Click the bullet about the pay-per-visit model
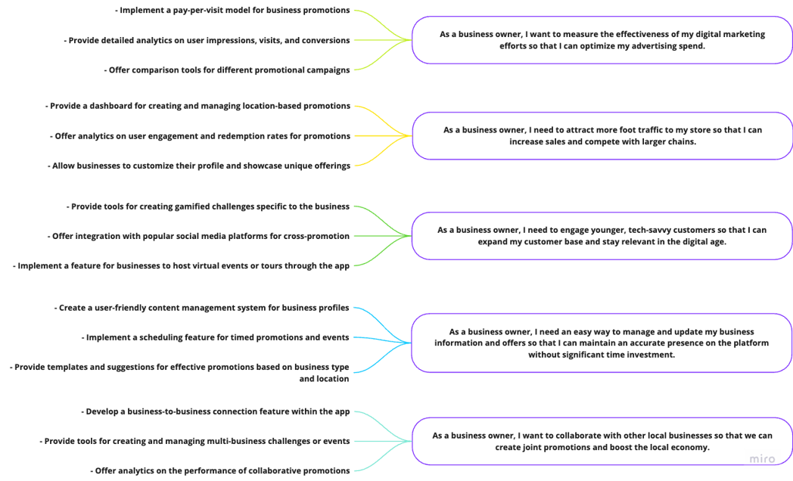point(232,10)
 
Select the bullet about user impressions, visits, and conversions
point(207,40)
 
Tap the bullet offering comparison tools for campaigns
point(227,70)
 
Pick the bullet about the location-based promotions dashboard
point(197,106)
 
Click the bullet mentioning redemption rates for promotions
point(201,136)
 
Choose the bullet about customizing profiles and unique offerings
point(199,166)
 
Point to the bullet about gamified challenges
point(208,206)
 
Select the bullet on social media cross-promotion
point(199,236)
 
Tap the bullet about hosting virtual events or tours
point(181,265)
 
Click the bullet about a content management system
point(202,308)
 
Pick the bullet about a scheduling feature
point(216,337)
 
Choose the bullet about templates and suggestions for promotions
point(179,373)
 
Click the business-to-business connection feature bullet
point(216,411)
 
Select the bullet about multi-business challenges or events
point(194,441)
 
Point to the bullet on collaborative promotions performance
point(220,471)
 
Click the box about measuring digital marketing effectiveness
point(602,40)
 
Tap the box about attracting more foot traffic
point(602,136)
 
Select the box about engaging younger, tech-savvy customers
point(602,236)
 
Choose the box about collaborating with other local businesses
point(602,441)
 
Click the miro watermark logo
point(762,459)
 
